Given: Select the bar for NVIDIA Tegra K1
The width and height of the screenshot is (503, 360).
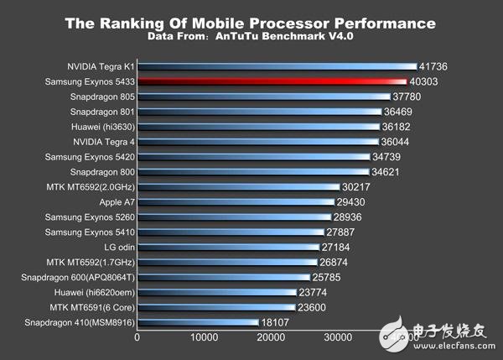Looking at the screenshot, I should click(277, 66).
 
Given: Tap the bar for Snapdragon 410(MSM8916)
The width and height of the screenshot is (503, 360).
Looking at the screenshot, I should click(198, 322).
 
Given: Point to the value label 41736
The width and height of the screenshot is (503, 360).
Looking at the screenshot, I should click(439, 66).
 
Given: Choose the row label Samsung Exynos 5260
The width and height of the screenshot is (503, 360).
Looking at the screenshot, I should click(87, 217).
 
